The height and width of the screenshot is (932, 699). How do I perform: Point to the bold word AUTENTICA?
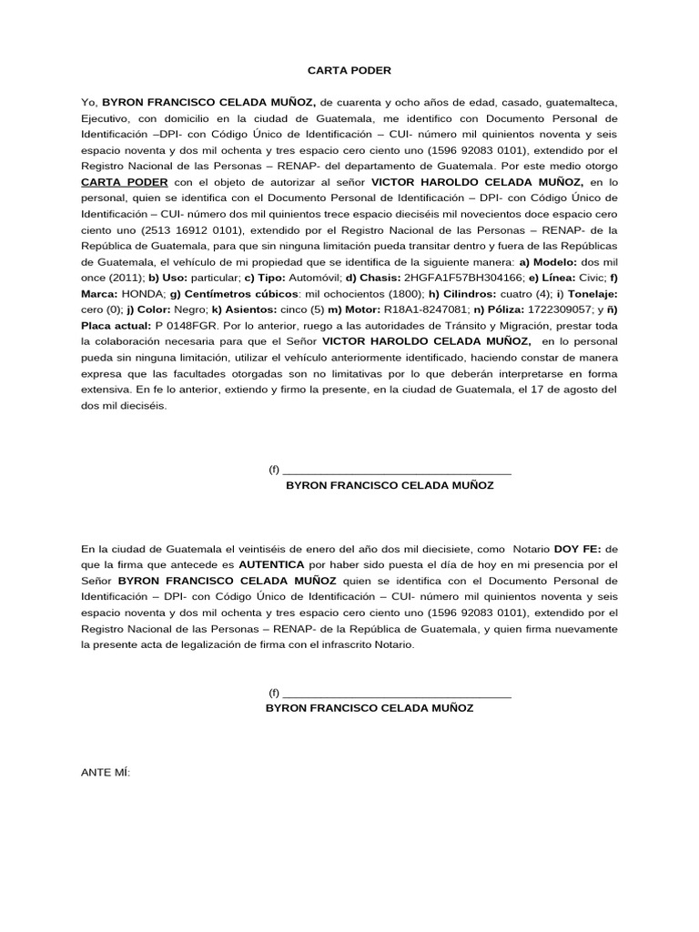coord(269,564)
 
